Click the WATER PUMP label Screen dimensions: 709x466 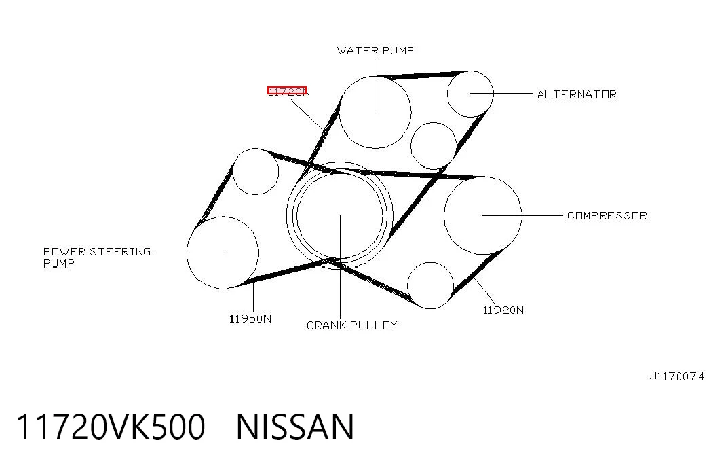pyautogui.click(x=375, y=50)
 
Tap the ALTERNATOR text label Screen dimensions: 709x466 pyautogui.click(x=577, y=94)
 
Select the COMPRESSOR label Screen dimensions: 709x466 pyautogui.click(x=607, y=215)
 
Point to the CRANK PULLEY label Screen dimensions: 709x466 pyautogui.click(x=352, y=325)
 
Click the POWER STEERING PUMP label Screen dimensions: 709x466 pyautogui.click(x=97, y=257)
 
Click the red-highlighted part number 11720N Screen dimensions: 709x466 pyautogui.click(x=288, y=92)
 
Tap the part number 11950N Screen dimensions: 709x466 pyautogui.click(x=250, y=319)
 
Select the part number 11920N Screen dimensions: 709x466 pyautogui.click(x=503, y=310)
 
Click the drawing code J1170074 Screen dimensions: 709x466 pyautogui.click(x=677, y=376)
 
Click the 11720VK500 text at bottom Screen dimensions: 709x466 pyautogui.click(x=111, y=427)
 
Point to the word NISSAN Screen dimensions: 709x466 pyautogui.click(x=295, y=427)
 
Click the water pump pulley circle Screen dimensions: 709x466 pyautogui.click(x=375, y=76)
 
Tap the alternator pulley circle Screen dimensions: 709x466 pyautogui.click(x=470, y=71)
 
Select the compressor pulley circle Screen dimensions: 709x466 pyautogui.click(x=483, y=177)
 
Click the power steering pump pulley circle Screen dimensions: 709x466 pyautogui.click(x=223, y=217)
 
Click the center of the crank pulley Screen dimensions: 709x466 pyautogui.click(x=340, y=215)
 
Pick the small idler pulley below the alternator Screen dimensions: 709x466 pyautogui.click(x=434, y=122)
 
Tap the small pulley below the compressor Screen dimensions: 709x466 pyautogui.click(x=430, y=263)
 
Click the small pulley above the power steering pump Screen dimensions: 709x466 pyautogui.click(x=256, y=149)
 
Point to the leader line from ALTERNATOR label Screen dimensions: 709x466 pyautogui.click(x=501, y=93)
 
